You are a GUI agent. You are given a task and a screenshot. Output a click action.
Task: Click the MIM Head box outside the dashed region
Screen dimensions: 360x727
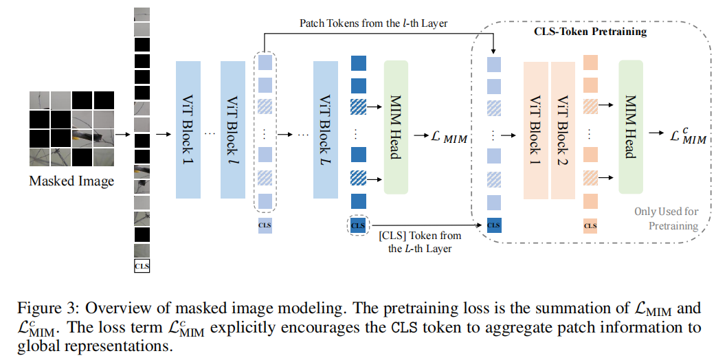(x=396, y=127)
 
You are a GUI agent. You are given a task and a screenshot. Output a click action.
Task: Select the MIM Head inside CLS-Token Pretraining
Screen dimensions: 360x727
(x=630, y=127)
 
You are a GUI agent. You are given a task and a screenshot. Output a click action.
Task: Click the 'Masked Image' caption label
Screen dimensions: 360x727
(x=71, y=181)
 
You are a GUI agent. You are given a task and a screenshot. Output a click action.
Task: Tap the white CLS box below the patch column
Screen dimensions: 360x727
(x=142, y=265)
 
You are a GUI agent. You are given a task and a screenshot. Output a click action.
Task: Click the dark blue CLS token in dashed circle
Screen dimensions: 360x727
(x=358, y=225)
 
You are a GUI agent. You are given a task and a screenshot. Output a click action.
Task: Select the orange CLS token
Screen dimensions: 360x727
(x=590, y=225)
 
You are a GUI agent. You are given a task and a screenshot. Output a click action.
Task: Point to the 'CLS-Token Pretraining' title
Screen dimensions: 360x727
(x=590, y=32)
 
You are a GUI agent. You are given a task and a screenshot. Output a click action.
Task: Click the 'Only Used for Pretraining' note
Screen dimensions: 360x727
(x=666, y=218)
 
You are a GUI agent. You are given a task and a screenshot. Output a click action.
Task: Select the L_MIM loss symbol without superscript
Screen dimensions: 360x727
(x=447, y=138)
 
